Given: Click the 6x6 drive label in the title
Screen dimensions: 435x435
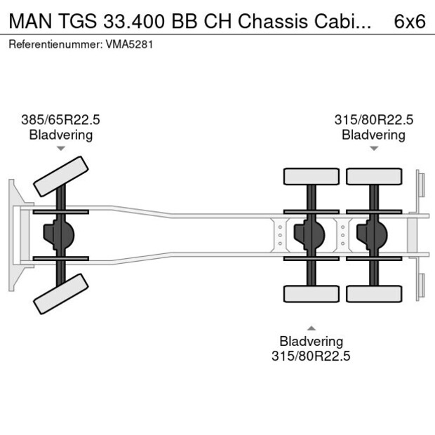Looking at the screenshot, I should point(410,20).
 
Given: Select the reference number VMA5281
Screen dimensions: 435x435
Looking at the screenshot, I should point(130,44).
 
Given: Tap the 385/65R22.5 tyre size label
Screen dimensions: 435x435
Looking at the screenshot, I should point(60,120).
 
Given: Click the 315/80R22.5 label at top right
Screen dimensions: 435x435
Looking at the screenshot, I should point(373,120).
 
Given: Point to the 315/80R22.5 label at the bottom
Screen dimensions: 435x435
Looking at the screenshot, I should point(311,356).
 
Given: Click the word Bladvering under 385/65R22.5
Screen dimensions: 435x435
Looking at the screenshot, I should point(60,135).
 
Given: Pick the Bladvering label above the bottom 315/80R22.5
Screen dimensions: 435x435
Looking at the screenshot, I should point(311,341).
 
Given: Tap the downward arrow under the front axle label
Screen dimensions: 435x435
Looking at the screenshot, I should point(61,149).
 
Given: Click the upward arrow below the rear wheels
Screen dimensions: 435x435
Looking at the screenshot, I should point(311,327).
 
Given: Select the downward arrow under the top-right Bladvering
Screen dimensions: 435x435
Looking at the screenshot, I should point(373,149).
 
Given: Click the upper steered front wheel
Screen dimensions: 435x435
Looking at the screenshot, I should point(61,176).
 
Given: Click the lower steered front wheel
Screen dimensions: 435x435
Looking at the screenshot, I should point(61,293).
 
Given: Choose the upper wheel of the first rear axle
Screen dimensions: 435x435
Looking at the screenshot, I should point(311,176).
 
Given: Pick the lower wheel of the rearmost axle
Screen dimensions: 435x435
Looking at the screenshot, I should point(373,293).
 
